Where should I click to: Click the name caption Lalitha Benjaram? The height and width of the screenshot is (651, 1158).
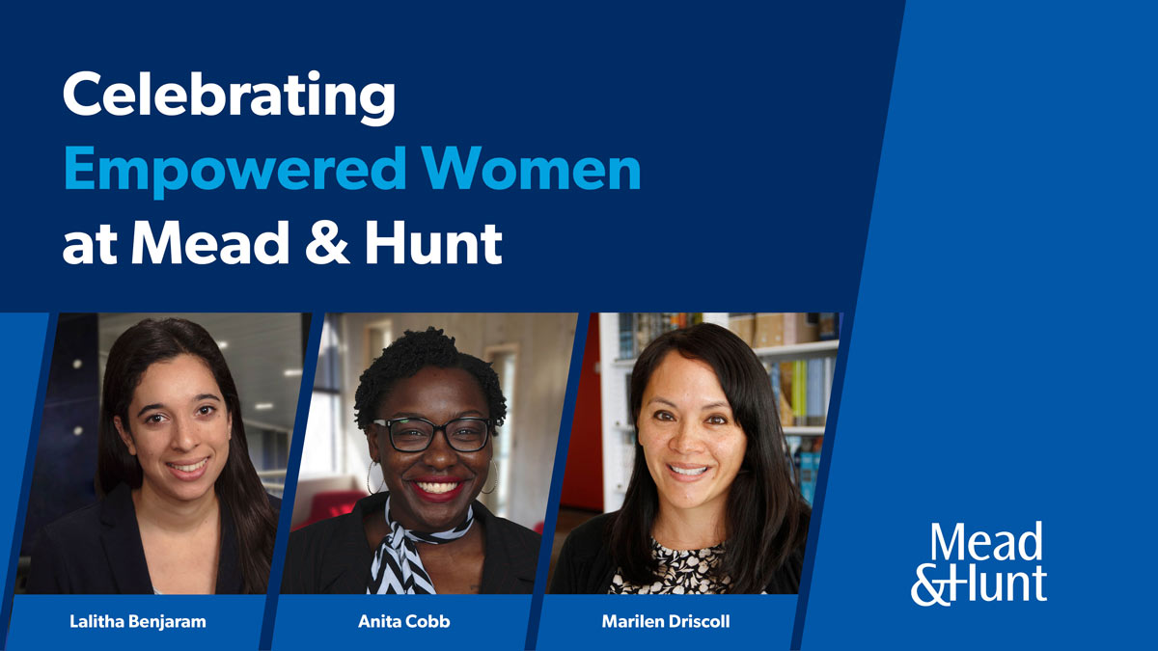(137, 621)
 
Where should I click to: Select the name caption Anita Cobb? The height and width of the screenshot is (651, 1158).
(403, 621)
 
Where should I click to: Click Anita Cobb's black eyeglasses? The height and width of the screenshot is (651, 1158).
(431, 435)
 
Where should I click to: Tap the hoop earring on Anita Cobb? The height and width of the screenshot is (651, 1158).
(372, 477)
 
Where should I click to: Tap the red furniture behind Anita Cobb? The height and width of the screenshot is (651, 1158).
(330, 508)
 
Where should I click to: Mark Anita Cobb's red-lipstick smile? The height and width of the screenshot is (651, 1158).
(437, 487)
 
